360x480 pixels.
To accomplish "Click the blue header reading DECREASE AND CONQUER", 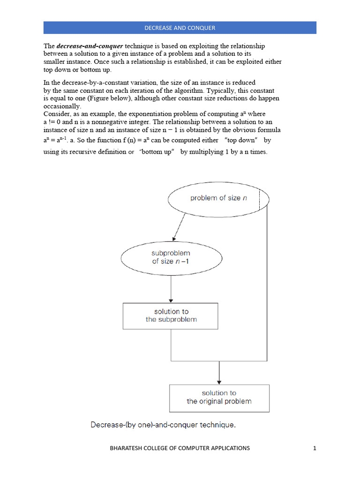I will [x=180, y=28].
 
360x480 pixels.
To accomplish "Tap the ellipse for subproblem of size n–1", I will [x=171, y=257].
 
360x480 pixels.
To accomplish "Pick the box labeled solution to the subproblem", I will [x=171, y=315].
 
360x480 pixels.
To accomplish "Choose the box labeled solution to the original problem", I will [x=219, y=397].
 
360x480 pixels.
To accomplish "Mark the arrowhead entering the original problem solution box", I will [x=219, y=381].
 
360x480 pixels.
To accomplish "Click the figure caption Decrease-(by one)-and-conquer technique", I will [x=162, y=425].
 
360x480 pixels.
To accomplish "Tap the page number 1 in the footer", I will [x=315, y=448].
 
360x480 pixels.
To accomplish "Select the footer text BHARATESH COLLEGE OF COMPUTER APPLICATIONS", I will [x=180, y=448].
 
